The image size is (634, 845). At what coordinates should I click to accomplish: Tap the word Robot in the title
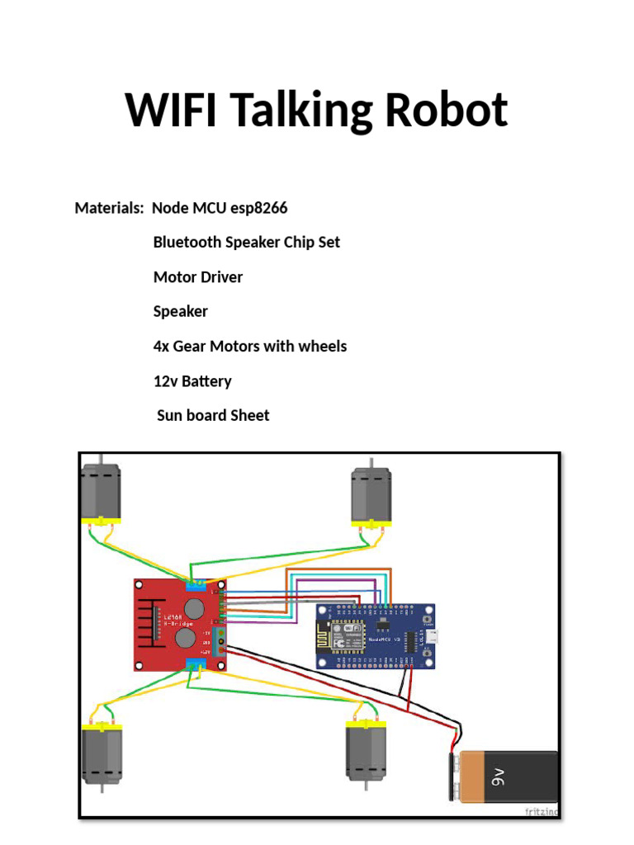coord(450,111)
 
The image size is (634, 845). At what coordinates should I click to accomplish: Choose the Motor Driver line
coord(198,277)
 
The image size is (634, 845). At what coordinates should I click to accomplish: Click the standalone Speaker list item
coord(181,312)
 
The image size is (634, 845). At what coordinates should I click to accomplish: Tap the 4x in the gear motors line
coord(161,347)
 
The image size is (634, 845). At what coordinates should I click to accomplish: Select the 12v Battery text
coord(192,381)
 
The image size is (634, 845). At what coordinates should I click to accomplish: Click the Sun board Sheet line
coord(213,416)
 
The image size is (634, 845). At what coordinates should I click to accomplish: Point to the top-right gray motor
coord(371,493)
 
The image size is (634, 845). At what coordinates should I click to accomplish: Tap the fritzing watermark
coord(542,812)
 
